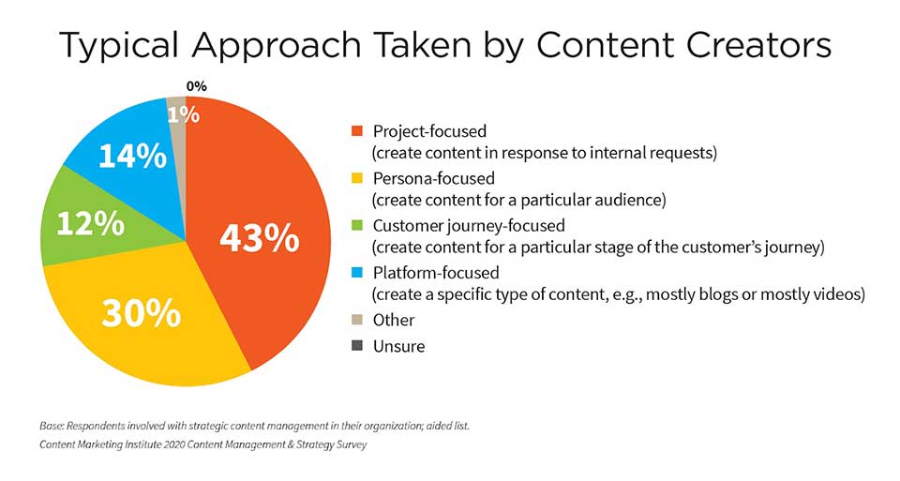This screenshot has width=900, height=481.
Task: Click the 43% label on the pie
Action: point(260,238)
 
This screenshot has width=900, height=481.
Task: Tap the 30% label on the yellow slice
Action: point(142,313)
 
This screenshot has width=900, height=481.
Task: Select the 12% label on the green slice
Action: point(90,223)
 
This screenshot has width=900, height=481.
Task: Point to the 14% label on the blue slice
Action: point(132,157)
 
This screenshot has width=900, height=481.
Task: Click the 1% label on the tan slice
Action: point(184,114)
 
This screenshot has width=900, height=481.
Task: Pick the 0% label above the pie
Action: point(196,86)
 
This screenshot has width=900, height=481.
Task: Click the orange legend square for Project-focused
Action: point(357,131)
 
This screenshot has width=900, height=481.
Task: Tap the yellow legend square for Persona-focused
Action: point(357,178)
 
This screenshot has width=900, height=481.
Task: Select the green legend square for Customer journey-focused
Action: point(357,225)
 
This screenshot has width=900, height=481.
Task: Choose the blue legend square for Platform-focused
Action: point(357,272)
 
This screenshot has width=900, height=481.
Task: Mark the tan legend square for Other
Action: point(357,319)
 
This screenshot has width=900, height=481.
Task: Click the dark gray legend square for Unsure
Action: point(357,346)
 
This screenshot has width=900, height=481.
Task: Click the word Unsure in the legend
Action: point(399,346)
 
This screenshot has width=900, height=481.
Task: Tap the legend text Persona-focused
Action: point(433,178)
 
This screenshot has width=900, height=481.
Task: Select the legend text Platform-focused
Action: point(436,273)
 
